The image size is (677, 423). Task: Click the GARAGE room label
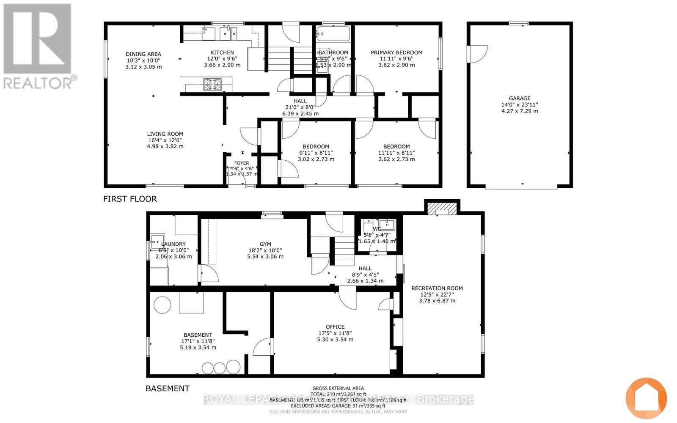coord(519,98)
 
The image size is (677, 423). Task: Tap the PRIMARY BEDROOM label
coord(396,52)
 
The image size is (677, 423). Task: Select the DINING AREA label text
coord(143,54)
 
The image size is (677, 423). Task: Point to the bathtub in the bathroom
coord(333,33)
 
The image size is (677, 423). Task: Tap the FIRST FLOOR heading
coord(130,199)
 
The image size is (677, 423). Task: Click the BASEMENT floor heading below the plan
coord(168,388)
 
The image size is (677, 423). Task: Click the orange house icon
coord(646,398)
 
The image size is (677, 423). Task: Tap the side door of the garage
coord(477,54)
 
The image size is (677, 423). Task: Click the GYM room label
coord(265,244)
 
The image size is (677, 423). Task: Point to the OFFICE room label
coord(335,327)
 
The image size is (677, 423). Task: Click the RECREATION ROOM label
coord(437,288)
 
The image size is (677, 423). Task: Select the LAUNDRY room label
coord(173,244)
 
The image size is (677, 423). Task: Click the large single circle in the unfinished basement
coord(162,305)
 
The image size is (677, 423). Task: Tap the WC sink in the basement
coord(386,224)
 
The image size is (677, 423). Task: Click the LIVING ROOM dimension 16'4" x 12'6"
coord(165,140)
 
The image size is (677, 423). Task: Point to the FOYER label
coord(242,163)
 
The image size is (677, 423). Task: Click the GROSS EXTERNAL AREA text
coord(338,388)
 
